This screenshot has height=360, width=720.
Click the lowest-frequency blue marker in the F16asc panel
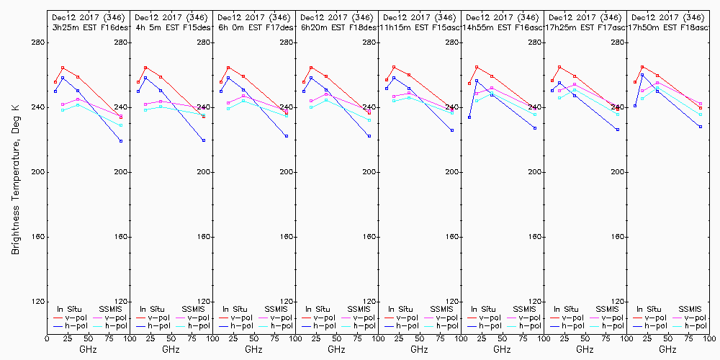point(469,117)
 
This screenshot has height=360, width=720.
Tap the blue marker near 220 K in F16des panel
point(121,140)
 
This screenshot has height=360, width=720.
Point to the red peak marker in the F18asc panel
point(642,67)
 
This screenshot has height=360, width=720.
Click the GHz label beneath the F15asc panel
point(419,349)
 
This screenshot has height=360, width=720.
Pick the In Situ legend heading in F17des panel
point(234,309)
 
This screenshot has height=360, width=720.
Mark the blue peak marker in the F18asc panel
point(642,75)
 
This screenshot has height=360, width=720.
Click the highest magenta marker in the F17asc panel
point(575,84)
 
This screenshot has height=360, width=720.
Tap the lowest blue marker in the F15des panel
point(204,140)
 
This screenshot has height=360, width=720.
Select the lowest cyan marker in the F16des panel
point(121,125)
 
